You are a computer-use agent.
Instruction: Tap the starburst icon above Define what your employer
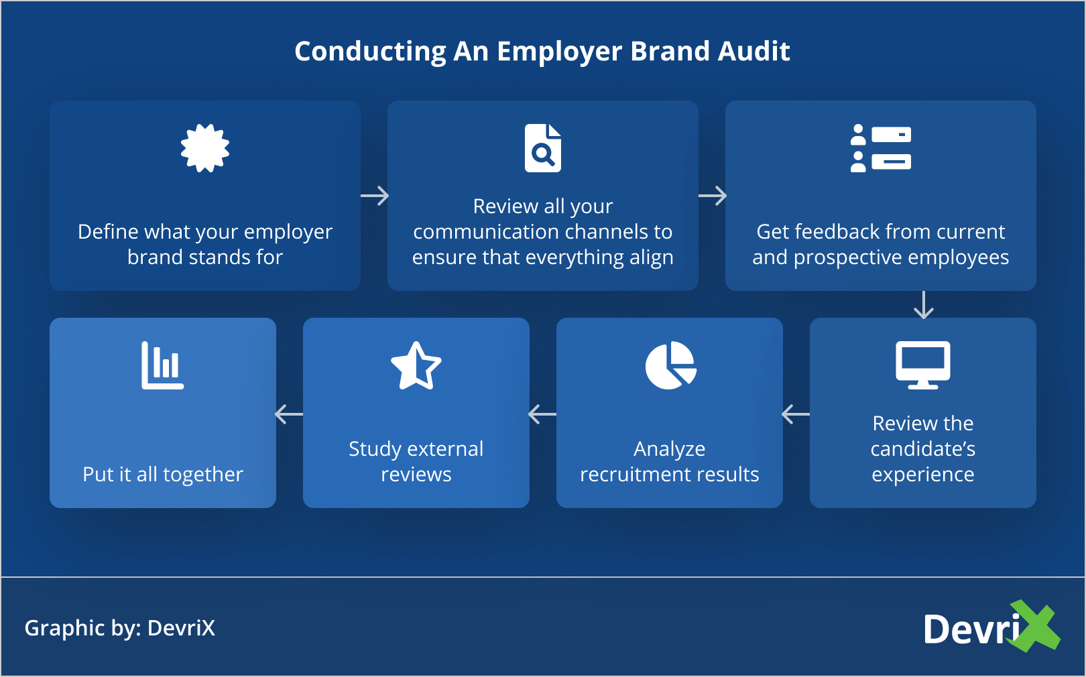pyautogui.click(x=205, y=148)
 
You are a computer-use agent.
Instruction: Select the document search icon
pyautogui.click(x=543, y=148)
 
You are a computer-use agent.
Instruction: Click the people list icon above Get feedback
pyautogui.click(x=880, y=148)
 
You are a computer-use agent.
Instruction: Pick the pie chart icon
pyautogui.click(x=670, y=365)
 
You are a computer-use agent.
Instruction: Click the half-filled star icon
pyautogui.click(x=416, y=365)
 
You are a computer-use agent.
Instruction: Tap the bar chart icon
pyautogui.click(x=162, y=365)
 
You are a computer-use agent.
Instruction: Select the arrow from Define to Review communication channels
pyautogui.click(x=375, y=196)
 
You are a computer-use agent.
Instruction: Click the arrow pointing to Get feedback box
pyautogui.click(x=713, y=196)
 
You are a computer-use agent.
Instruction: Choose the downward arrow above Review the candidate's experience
pyautogui.click(x=924, y=305)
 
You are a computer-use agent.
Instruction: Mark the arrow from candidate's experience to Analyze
pyautogui.click(x=796, y=414)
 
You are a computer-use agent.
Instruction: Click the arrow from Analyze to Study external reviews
pyautogui.click(x=542, y=414)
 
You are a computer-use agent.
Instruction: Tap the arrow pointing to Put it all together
pyautogui.click(x=289, y=414)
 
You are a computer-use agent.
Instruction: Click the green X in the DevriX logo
pyautogui.click(x=1036, y=626)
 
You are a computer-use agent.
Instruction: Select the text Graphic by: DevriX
pyautogui.click(x=120, y=628)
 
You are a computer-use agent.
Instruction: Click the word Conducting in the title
pyautogui.click(x=370, y=52)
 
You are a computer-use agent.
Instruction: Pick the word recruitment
pyautogui.click(x=629, y=475)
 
